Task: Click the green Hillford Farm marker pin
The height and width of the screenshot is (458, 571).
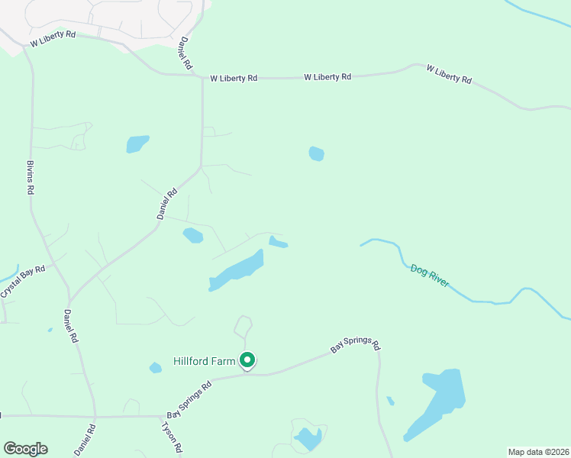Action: coord(247,360)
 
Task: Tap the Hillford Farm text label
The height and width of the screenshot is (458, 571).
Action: coord(204,361)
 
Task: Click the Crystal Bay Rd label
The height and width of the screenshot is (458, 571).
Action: coord(24,281)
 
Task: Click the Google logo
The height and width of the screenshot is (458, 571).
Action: coord(25,449)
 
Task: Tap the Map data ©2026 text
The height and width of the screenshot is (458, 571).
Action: coord(538,451)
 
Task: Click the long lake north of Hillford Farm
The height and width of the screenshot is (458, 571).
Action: coord(237,270)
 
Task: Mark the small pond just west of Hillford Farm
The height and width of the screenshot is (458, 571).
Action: coord(156,368)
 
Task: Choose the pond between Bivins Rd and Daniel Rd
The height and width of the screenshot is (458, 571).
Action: coord(137,144)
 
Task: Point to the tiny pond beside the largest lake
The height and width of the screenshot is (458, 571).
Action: coord(391,401)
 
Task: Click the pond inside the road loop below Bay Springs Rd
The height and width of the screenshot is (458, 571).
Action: coord(308,438)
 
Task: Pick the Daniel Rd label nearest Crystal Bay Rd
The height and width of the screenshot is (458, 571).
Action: coord(73,324)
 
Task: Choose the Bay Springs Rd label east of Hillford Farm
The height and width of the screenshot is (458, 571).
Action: coord(355,347)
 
